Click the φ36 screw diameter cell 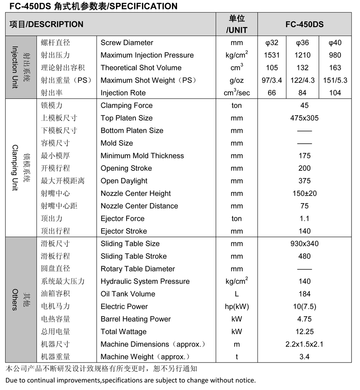(302, 42)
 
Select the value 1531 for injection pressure (272, 55)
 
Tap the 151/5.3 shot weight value (335, 80)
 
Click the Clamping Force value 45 (304, 106)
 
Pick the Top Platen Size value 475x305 (304, 118)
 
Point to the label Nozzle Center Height (136, 193)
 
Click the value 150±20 (304, 193)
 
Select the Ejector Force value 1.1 (304, 218)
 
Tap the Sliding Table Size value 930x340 (304, 244)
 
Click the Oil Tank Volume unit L (237, 294)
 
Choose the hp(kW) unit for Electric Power (237, 306)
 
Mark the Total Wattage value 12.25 (304, 331)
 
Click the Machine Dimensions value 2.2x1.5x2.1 (304, 344)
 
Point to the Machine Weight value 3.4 (304, 357)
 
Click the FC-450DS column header (304, 24)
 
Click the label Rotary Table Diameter (138, 269)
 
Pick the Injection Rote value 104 (335, 93)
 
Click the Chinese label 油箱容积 (55, 294)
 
